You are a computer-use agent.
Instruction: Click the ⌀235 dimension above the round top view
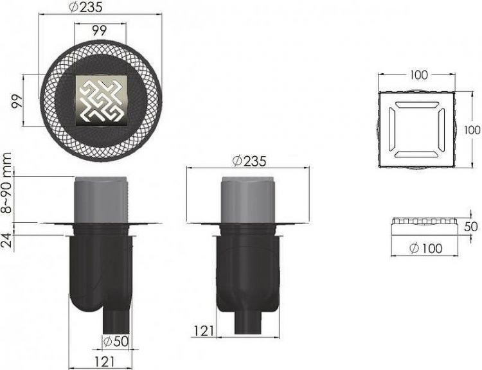[85, 7]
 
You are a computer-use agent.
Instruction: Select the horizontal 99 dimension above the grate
[99, 30]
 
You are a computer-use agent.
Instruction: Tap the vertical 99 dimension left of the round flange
[17, 101]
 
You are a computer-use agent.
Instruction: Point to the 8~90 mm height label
[6, 183]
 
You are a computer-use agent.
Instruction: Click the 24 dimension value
[6, 240]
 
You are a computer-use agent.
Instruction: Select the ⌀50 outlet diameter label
[116, 342]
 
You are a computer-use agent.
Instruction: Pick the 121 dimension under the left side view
[104, 362]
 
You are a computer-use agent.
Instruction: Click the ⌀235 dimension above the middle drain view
[249, 161]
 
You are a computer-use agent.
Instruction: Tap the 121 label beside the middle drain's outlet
[204, 331]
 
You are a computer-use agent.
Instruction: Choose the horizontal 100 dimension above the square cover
[418, 75]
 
